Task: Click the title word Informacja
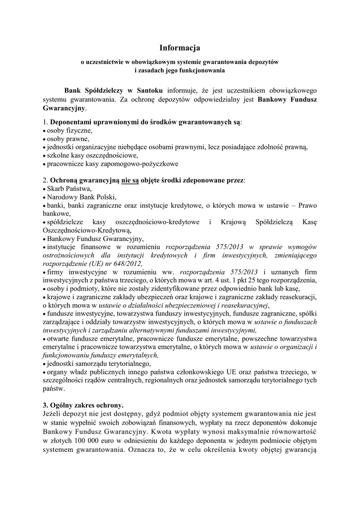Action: [179, 48]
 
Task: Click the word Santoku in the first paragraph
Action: [149, 91]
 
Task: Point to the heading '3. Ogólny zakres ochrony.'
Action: [83, 404]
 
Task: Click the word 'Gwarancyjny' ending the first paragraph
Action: [64, 108]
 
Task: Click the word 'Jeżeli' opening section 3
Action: [54, 413]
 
